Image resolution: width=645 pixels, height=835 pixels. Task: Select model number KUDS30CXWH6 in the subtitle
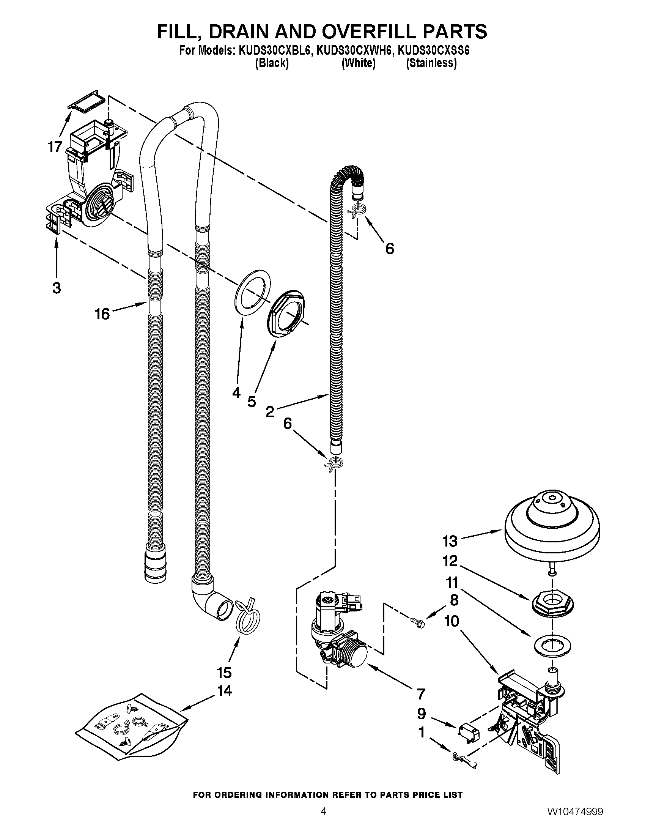click(x=354, y=51)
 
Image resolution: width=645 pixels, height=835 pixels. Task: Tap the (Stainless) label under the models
click(x=431, y=63)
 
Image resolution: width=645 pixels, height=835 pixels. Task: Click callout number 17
click(x=55, y=147)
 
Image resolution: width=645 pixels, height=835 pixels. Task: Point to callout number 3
click(x=57, y=288)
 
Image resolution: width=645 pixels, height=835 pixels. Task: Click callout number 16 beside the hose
click(x=102, y=314)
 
